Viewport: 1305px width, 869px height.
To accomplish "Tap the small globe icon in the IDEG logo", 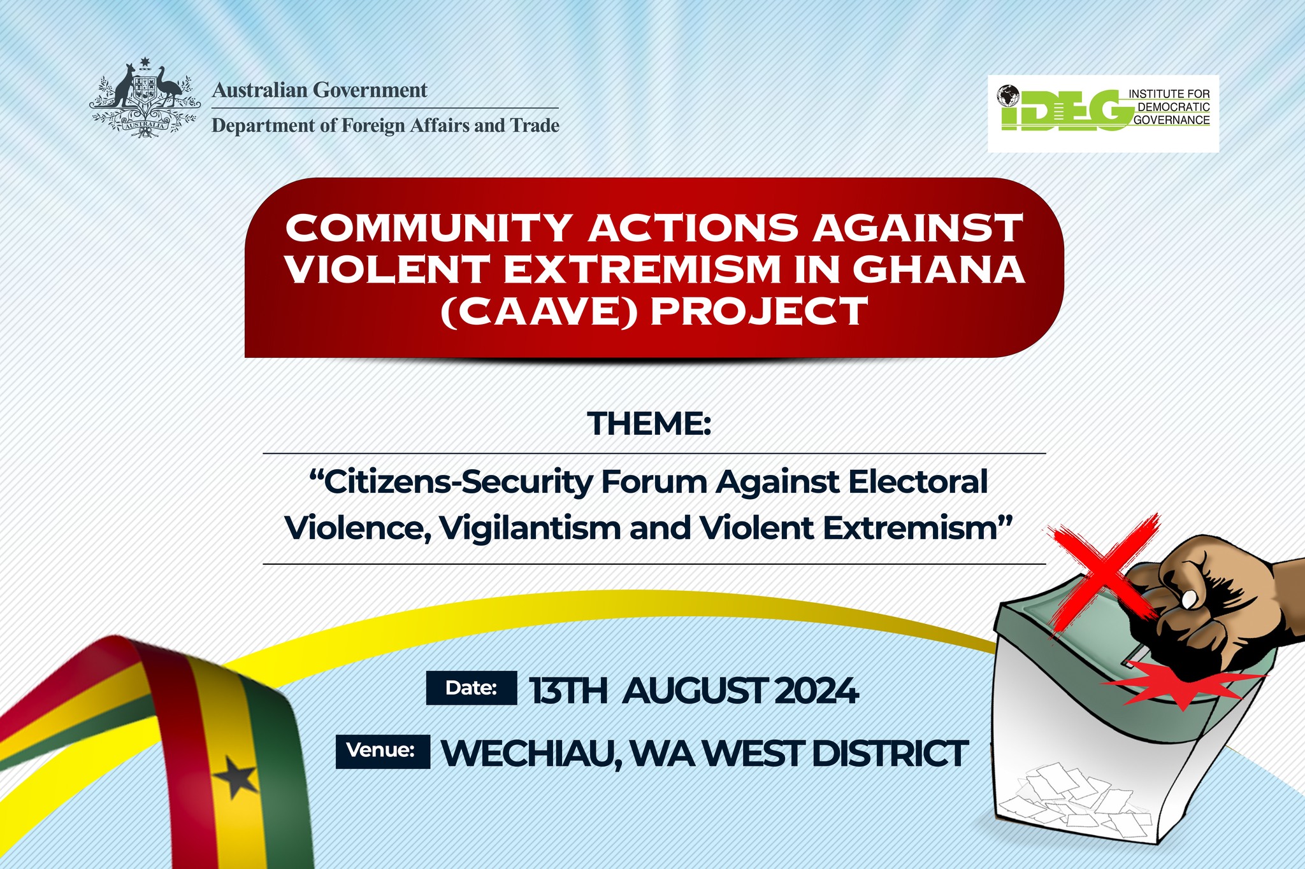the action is [x=1009, y=95].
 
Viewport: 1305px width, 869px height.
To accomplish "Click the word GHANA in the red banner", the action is [x=939, y=269].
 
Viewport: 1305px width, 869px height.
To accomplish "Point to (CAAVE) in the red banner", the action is [x=539, y=312].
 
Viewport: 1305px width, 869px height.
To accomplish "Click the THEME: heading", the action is [x=649, y=423].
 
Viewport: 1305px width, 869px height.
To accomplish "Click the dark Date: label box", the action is [x=472, y=688].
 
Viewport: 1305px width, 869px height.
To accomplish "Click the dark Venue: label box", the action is [x=383, y=751].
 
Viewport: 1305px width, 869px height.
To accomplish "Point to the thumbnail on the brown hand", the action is [x=1189, y=598].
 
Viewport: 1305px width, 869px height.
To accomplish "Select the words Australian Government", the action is [x=319, y=90].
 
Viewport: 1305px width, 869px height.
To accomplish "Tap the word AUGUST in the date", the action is [x=694, y=691].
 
